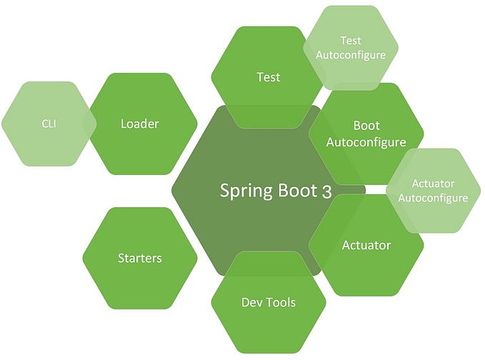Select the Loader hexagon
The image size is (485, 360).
pos(139,124)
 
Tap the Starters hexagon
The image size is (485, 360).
pos(139,258)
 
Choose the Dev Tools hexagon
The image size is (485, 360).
pos(269,302)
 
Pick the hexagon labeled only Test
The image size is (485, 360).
pos(268,76)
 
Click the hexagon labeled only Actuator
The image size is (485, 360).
pos(366,245)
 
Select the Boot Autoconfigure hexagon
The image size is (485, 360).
pos(366,134)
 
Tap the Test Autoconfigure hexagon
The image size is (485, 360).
pos(350,48)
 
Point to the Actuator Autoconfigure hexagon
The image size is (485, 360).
pos(433,191)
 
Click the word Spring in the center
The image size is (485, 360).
pos(242,191)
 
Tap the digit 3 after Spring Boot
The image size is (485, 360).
pos(316,191)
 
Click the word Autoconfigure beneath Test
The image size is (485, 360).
pos(350,55)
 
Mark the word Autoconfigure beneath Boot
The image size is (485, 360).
pos(366,142)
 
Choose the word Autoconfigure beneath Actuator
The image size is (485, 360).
pos(433,198)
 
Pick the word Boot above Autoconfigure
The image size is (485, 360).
pos(366,126)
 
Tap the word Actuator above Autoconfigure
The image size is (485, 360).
pos(433,184)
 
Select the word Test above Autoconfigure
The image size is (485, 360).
pos(350,41)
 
